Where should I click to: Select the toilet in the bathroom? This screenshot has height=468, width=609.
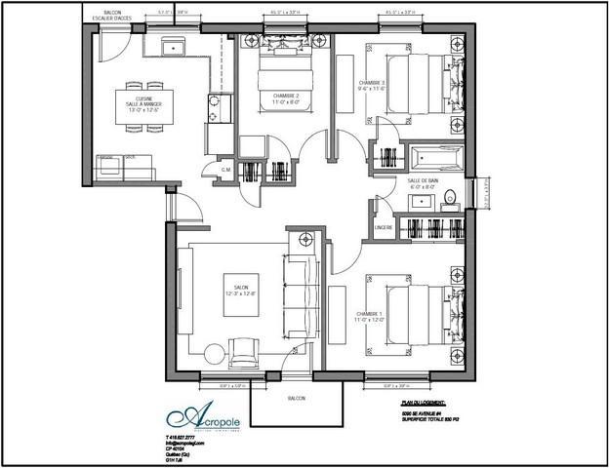[450, 199]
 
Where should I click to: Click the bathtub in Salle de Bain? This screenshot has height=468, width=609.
[435, 157]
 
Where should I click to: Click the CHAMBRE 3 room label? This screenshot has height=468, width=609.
[372, 83]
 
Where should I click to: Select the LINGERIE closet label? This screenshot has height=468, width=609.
[384, 227]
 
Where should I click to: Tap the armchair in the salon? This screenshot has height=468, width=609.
[241, 347]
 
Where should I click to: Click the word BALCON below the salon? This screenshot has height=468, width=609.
[297, 400]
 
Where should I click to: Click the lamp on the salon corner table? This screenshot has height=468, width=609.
[305, 239]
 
